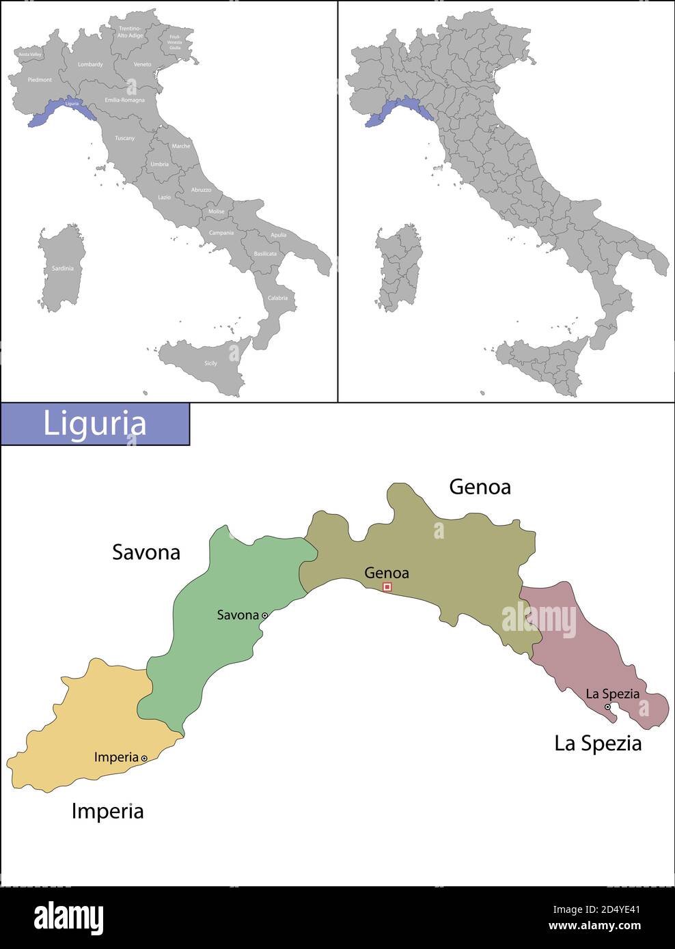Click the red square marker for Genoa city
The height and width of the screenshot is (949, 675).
click(387, 586)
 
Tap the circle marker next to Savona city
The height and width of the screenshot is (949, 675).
click(264, 615)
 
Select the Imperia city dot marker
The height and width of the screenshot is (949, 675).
click(144, 758)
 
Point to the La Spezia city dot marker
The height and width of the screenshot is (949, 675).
click(607, 707)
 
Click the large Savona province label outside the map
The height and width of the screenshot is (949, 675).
click(146, 552)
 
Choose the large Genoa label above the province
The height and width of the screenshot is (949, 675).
click(480, 487)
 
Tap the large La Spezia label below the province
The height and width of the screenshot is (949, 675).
click(598, 743)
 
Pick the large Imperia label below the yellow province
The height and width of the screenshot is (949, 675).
click(107, 811)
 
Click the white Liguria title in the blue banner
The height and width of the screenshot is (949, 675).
click(95, 423)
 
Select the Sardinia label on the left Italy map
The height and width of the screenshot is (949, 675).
click(63, 268)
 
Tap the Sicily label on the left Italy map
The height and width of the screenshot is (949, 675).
click(210, 363)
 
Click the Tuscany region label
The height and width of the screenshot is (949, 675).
click(124, 138)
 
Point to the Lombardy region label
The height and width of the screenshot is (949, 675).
click(90, 64)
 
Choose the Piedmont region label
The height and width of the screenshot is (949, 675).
click(40, 80)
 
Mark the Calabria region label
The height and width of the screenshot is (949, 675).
click(277, 298)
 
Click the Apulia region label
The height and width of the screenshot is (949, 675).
click(279, 235)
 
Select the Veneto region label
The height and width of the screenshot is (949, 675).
click(142, 64)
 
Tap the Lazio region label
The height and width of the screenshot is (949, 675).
click(165, 197)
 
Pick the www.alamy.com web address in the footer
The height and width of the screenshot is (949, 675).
click(594, 926)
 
